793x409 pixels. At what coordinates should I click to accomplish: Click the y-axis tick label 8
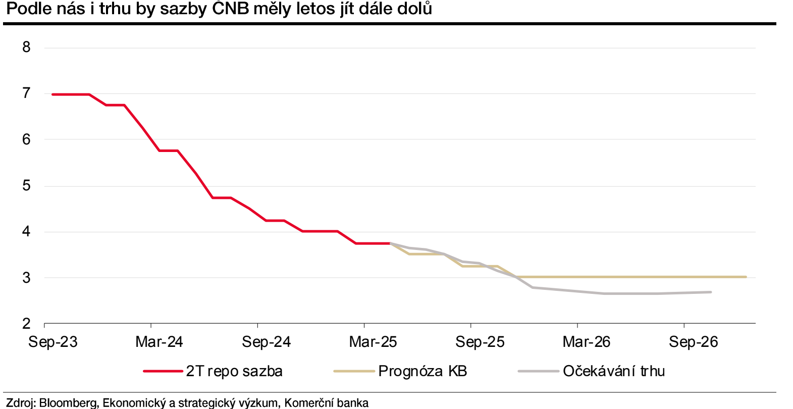[x=26, y=47]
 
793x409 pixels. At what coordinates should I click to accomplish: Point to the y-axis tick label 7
[x=26, y=93]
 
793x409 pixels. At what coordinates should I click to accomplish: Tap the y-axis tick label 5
[x=26, y=186]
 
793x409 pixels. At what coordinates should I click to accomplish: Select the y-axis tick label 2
[x=26, y=324]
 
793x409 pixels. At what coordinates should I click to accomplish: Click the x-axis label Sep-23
[x=53, y=342]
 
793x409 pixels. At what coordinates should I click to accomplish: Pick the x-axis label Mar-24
[x=159, y=342]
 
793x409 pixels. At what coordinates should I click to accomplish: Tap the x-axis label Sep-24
[x=266, y=342]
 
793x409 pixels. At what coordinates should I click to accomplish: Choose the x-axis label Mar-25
[x=373, y=342]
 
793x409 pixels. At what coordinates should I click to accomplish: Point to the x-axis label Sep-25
[x=480, y=342]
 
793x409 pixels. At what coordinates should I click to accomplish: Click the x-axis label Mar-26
[x=587, y=342]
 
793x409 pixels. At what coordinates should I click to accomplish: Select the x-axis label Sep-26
[x=693, y=342]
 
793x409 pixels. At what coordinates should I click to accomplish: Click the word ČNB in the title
[x=231, y=9]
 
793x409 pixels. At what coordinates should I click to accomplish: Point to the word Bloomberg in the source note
[x=68, y=403]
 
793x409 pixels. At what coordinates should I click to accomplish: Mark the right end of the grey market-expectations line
[x=711, y=292]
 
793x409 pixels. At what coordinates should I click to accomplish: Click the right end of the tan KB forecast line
[x=746, y=277]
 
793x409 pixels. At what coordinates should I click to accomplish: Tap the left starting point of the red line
[x=52, y=94]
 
